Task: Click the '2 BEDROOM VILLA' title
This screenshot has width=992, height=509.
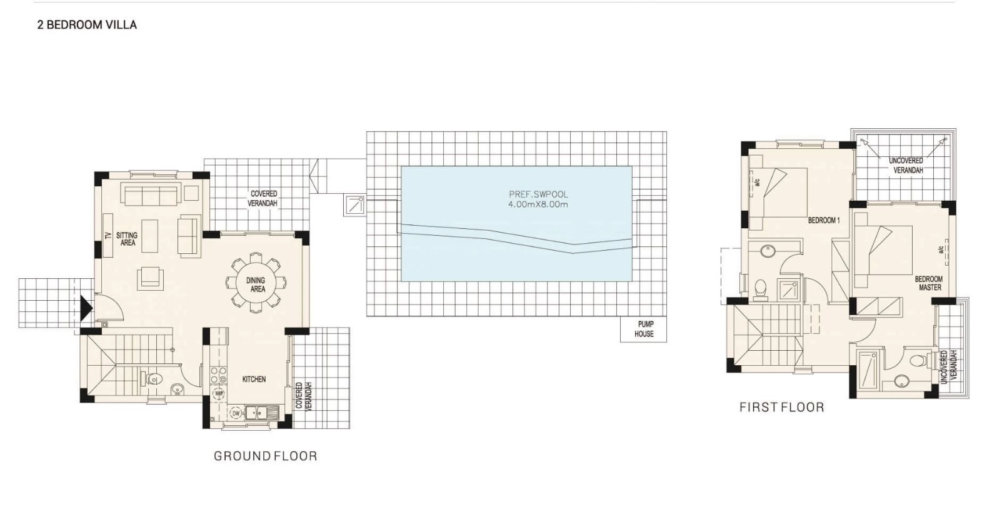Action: click(x=87, y=25)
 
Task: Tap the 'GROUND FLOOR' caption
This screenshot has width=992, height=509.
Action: click(x=265, y=456)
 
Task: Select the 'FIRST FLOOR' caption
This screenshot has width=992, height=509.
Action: click(x=781, y=407)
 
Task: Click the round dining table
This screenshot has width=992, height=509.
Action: click(x=256, y=283)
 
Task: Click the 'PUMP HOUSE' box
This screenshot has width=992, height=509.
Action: click(x=643, y=329)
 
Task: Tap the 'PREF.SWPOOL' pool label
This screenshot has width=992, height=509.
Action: click(x=538, y=194)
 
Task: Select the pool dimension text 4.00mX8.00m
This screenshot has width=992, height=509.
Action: click(x=538, y=204)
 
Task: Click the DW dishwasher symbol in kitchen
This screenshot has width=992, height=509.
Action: click(x=236, y=413)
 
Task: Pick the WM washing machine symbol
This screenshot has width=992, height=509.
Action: click(x=219, y=393)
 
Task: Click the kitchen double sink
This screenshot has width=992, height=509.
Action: click(x=262, y=413)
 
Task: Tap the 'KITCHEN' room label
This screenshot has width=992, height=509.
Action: click(x=254, y=379)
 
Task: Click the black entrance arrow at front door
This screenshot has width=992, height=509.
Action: click(x=86, y=308)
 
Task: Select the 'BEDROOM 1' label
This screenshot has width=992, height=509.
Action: click(x=824, y=220)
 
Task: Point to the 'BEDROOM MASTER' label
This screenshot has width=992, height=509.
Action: click(x=929, y=283)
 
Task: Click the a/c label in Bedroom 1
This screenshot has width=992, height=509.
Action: click(x=758, y=183)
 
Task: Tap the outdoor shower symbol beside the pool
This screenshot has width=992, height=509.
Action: click(x=354, y=206)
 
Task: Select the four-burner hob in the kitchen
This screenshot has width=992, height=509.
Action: click(x=218, y=375)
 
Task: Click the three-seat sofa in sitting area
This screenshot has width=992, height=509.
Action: click(x=151, y=195)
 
